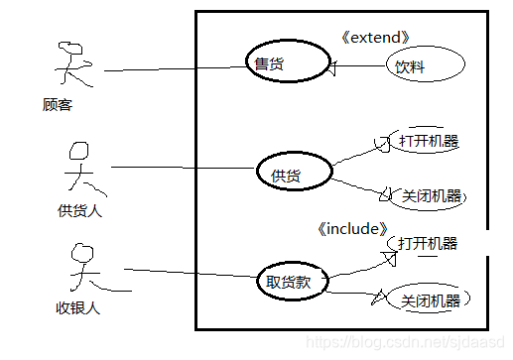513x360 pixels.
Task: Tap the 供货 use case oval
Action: [x=294, y=175]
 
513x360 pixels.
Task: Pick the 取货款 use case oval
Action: [x=291, y=281]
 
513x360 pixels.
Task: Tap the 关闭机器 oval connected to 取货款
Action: [x=431, y=300]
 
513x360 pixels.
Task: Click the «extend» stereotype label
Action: [x=373, y=38]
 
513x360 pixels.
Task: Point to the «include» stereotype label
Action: [x=350, y=229]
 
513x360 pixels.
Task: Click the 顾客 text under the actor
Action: [x=58, y=104]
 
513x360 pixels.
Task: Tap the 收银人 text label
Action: [x=79, y=307]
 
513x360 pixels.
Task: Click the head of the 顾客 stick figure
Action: [x=69, y=49]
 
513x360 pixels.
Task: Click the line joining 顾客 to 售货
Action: [x=174, y=68]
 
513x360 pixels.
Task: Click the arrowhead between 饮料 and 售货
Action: [x=333, y=67]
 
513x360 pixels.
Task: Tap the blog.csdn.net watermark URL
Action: [x=404, y=341]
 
